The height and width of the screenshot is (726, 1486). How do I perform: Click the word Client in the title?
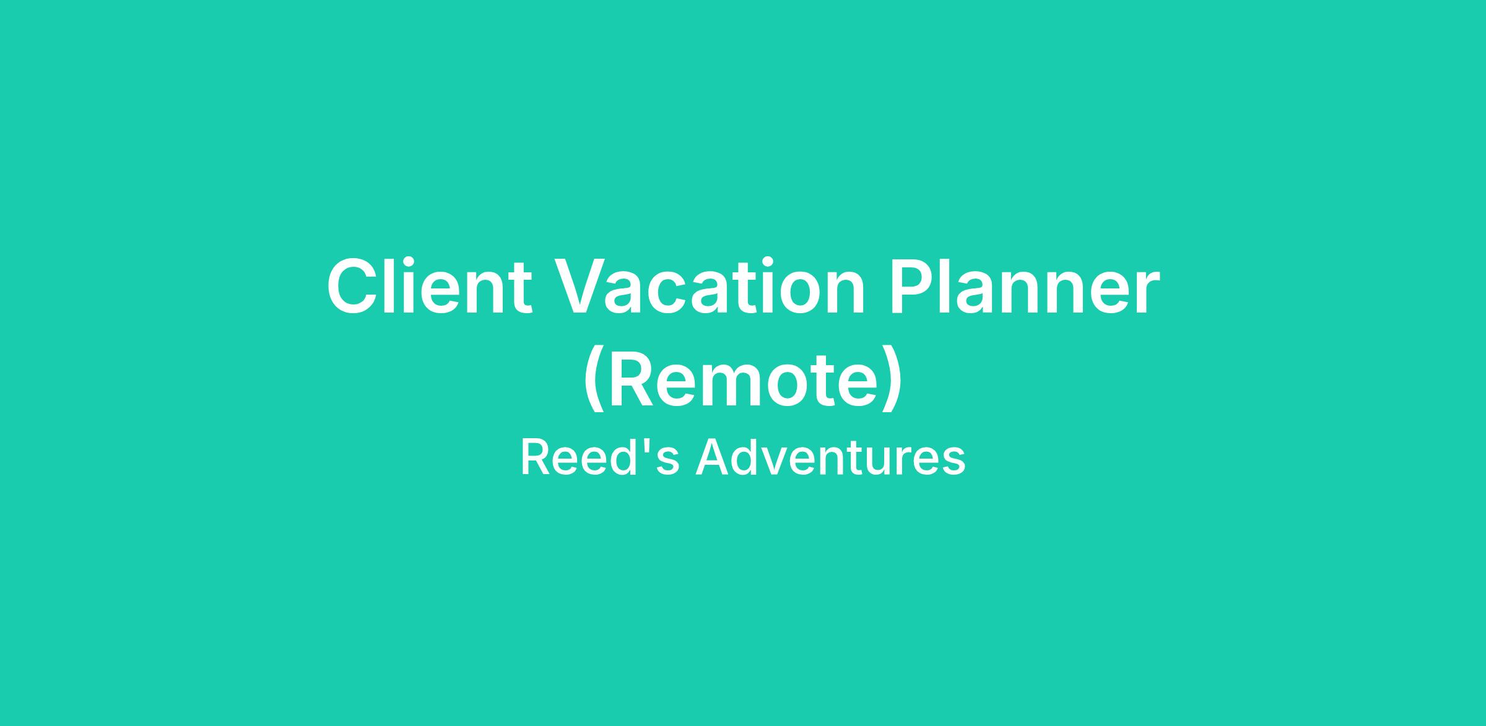tap(429, 286)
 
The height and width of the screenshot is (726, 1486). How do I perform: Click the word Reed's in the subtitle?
tap(600, 457)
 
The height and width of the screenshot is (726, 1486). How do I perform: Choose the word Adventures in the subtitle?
tap(830, 457)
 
